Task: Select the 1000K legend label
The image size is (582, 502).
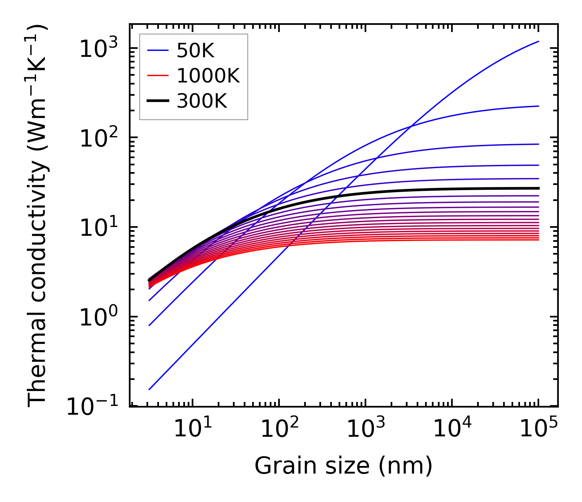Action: tap(208, 76)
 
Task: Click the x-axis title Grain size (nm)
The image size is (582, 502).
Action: tap(343, 466)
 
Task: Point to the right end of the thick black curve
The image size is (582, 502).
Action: tap(538, 188)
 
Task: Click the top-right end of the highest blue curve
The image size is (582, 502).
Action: tap(538, 41)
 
